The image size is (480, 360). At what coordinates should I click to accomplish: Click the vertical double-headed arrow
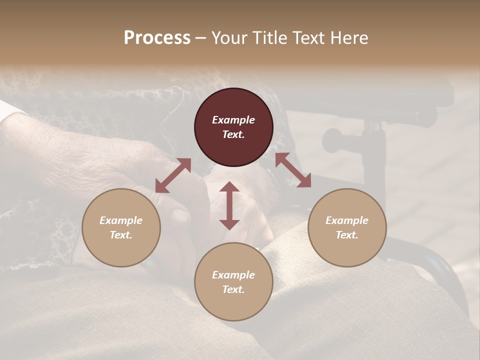[229, 205]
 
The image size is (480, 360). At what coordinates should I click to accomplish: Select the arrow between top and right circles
[293, 170]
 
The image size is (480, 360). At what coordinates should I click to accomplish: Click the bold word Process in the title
[157, 38]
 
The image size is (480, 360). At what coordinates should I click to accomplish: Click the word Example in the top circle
[233, 120]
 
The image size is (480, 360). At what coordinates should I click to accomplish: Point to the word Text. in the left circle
[121, 235]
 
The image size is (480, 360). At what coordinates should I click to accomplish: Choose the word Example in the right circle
[347, 220]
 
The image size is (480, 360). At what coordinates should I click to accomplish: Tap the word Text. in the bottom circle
[233, 289]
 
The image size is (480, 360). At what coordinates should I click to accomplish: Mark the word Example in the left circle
[121, 220]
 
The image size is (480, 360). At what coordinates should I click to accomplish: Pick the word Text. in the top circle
[233, 134]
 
